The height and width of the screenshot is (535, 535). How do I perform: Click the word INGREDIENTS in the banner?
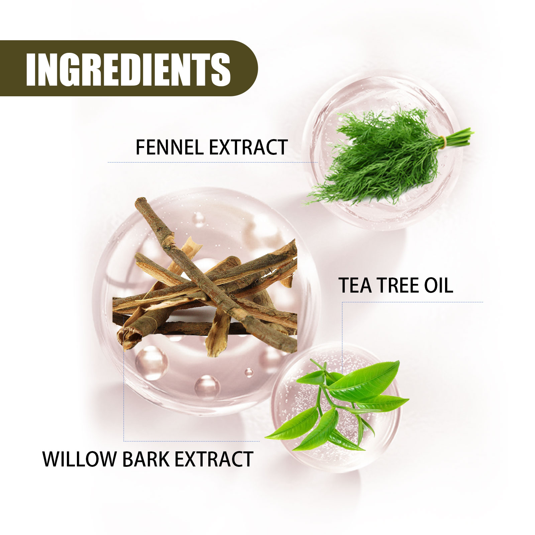(x=128, y=69)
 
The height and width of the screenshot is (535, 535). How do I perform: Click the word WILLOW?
(x=79, y=459)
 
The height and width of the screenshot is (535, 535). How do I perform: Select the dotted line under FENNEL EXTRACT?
(x=213, y=163)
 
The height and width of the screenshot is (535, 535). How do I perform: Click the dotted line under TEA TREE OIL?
(x=413, y=302)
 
